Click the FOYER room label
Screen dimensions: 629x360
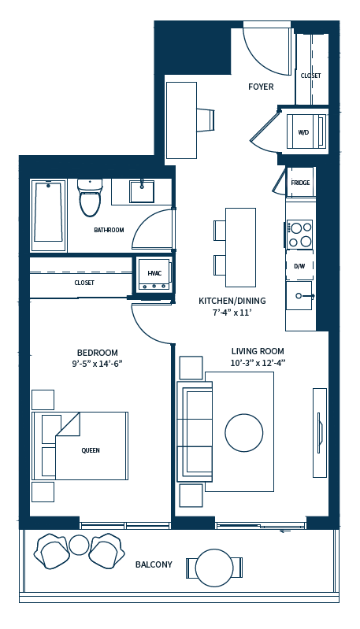point(261,87)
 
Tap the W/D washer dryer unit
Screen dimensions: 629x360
point(302,131)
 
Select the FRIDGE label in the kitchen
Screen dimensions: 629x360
point(300,183)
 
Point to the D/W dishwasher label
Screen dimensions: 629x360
point(299,266)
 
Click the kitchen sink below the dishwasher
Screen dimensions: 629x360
point(299,296)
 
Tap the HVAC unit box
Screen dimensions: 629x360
point(154,274)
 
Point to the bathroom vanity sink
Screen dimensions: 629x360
point(142,191)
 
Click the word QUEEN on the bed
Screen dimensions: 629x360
point(91,450)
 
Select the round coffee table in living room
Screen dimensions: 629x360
point(243,432)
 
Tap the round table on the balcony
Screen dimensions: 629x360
point(214,567)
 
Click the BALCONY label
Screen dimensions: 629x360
point(154,564)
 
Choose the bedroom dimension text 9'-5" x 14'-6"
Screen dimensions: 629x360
point(98,364)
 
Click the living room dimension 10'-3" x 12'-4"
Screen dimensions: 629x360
point(258,363)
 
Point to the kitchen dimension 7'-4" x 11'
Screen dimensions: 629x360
point(232,313)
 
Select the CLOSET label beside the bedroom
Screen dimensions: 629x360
point(84,282)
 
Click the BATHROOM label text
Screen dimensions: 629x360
point(109,230)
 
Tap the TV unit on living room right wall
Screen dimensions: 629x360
point(319,432)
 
